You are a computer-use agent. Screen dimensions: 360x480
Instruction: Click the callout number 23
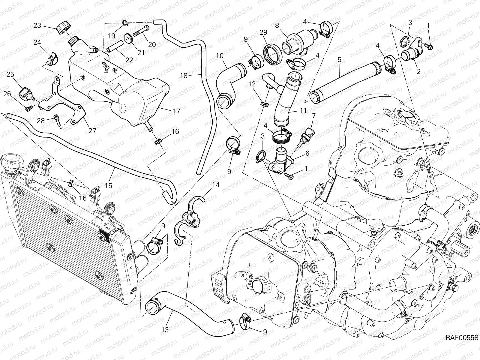37,25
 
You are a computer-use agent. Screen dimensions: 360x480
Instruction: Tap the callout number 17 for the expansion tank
176,111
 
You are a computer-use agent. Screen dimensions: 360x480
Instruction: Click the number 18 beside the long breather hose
184,76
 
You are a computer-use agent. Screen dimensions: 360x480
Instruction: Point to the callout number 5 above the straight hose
339,60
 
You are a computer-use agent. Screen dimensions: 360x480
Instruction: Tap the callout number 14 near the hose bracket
216,185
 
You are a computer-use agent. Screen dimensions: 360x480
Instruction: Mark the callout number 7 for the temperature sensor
314,115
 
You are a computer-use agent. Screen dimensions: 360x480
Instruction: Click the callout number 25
10,74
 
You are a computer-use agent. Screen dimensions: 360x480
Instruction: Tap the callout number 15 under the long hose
109,186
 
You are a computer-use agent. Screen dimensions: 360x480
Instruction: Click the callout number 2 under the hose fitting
418,71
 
